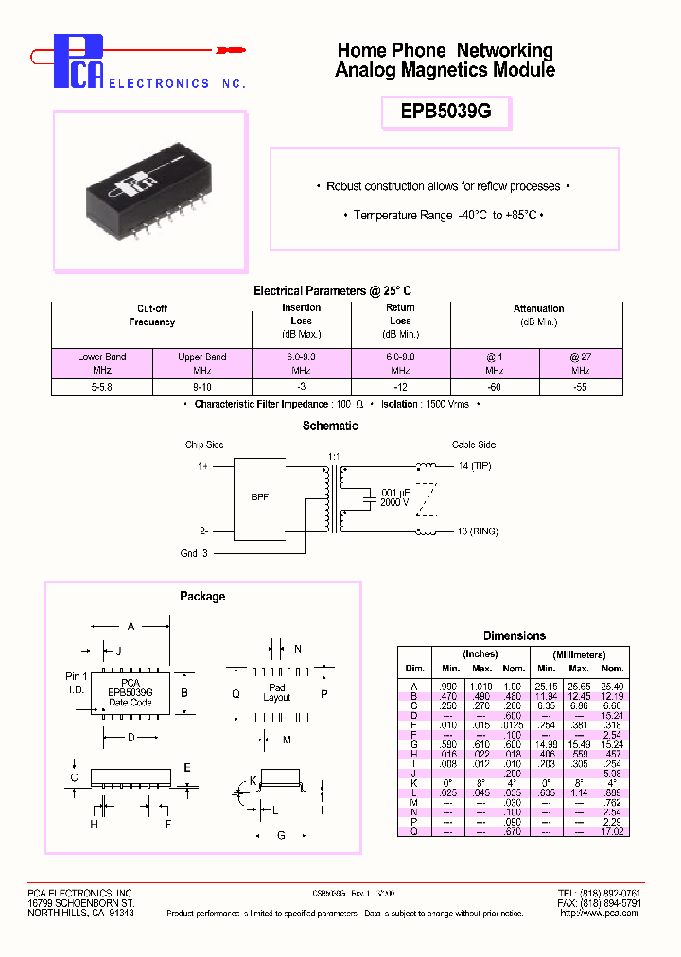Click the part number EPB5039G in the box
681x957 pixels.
445,112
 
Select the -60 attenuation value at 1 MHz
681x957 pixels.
495,388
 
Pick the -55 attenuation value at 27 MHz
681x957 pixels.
580,388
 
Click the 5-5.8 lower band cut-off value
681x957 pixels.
101,388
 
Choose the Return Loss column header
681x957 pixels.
400,321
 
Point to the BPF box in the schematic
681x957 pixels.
260,496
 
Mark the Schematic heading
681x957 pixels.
330,426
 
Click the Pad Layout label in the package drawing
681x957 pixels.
277,692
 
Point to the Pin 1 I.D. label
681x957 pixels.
77,682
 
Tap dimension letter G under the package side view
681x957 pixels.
280,835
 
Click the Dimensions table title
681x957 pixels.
515,636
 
